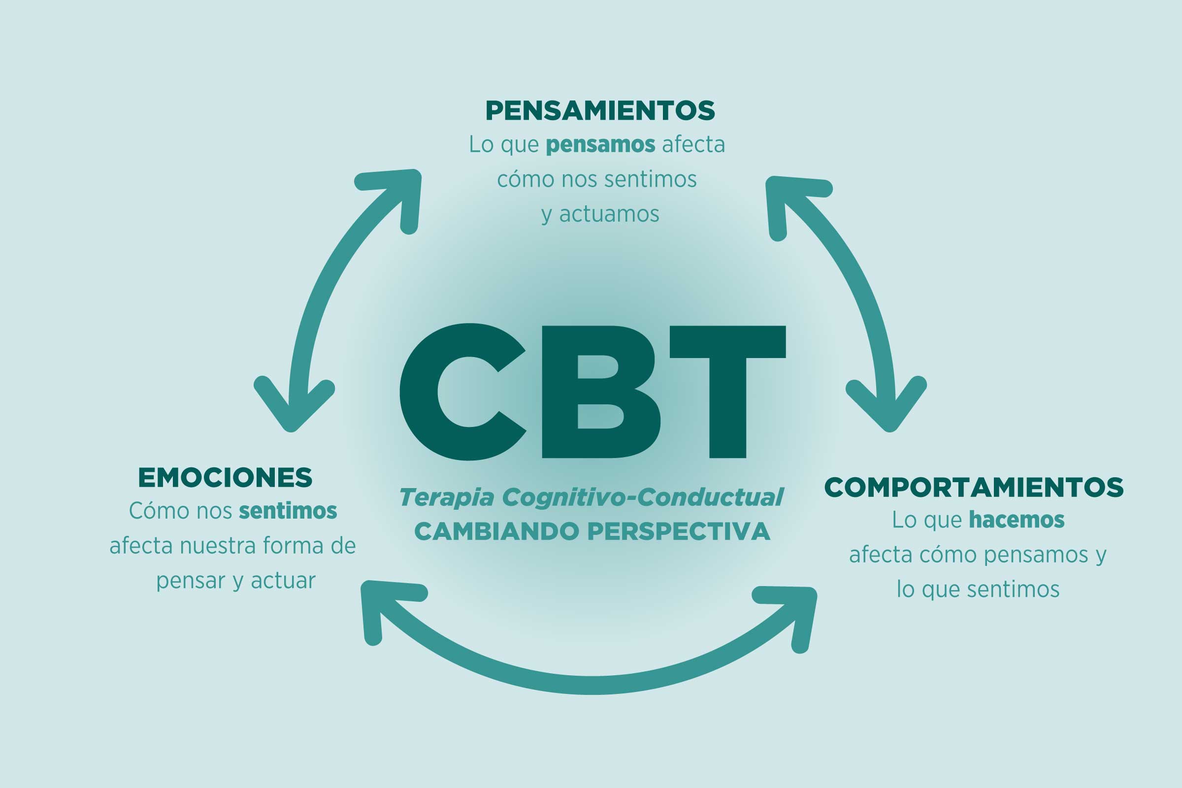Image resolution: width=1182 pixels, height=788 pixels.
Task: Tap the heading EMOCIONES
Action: point(225,477)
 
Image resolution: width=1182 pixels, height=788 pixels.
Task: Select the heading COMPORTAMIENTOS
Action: point(974,487)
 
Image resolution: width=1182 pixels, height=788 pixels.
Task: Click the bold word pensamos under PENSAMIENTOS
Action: point(600,145)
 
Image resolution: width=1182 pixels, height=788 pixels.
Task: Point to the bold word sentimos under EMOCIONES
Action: point(288,511)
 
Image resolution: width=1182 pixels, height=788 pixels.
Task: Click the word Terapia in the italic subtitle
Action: point(447,498)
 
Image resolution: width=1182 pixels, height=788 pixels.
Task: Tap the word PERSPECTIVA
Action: point(679,532)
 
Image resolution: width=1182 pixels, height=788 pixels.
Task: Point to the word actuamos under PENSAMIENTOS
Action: point(609,215)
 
